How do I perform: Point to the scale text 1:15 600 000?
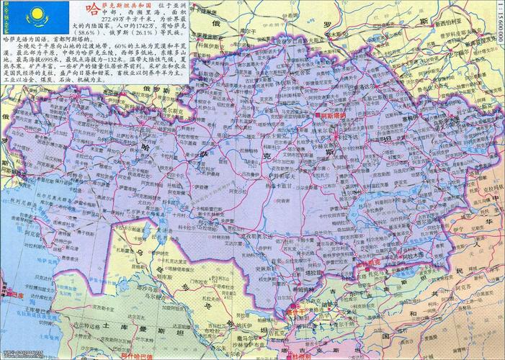pos(499,24)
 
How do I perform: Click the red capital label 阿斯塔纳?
pos(333,114)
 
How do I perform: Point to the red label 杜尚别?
pos(302,356)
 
